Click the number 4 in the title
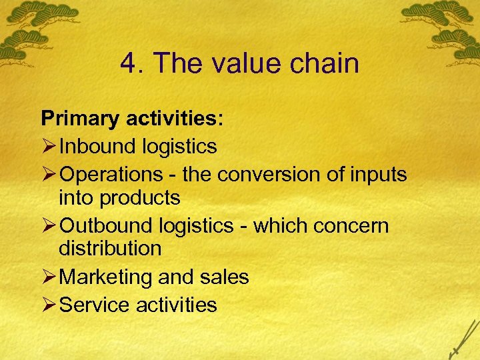pyautogui.click(x=129, y=64)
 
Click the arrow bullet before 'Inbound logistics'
pyautogui.click(x=49, y=145)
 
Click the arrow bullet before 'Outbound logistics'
pyautogui.click(x=49, y=225)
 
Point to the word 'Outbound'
pyautogui.click(x=107, y=225)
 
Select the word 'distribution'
pyautogui.click(x=110, y=249)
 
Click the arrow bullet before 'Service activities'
pyautogui.click(x=49, y=305)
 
